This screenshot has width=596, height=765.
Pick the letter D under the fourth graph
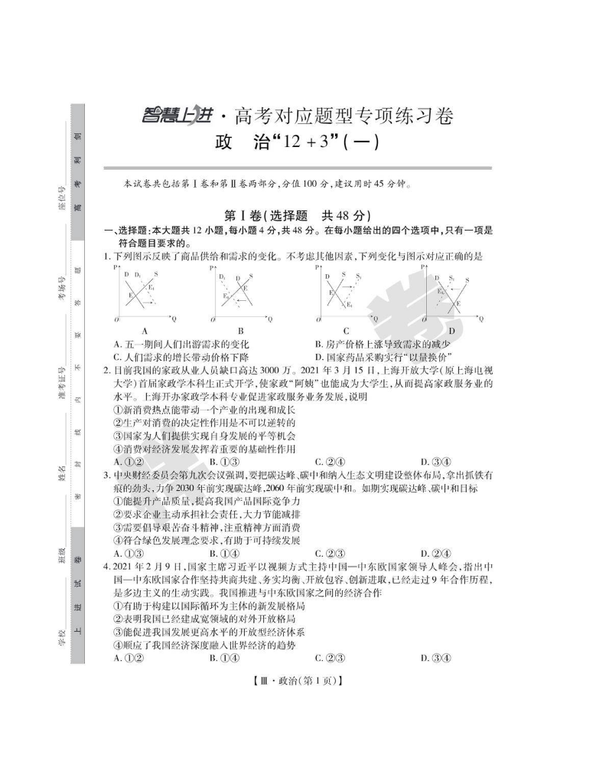click(451, 331)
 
